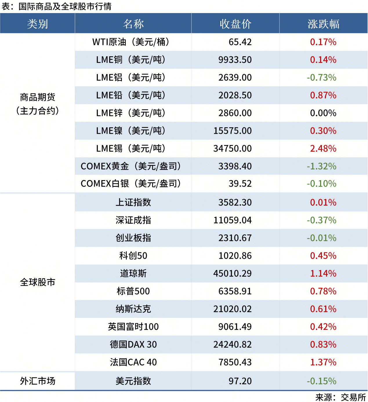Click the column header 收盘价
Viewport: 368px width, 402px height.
point(235,24)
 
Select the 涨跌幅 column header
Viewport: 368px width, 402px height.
point(323,24)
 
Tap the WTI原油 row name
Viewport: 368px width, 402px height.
point(131,42)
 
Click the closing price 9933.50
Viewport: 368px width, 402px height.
point(235,60)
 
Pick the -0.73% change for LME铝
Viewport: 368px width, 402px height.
point(322,77)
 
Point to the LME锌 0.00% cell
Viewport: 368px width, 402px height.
point(323,113)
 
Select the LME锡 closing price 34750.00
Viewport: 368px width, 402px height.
point(232,149)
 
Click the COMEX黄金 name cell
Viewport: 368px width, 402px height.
point(131,166)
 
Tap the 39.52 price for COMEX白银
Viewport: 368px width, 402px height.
point(240,184)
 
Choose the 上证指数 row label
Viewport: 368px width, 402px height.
point(133,202)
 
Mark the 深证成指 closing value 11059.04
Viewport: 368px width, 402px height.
point(232,220)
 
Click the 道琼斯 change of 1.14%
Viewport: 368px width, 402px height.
point(323,273)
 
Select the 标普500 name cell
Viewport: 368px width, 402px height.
point(133,291)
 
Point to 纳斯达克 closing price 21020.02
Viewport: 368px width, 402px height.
point(232,309)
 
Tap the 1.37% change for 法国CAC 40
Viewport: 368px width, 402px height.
point(323,362)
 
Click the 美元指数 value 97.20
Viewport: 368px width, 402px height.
point(240,381)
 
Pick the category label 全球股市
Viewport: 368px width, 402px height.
point(37,282)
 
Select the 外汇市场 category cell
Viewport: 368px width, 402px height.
point(37,381)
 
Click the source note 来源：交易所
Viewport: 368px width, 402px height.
point(340,397)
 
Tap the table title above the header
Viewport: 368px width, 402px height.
point(57,6)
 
